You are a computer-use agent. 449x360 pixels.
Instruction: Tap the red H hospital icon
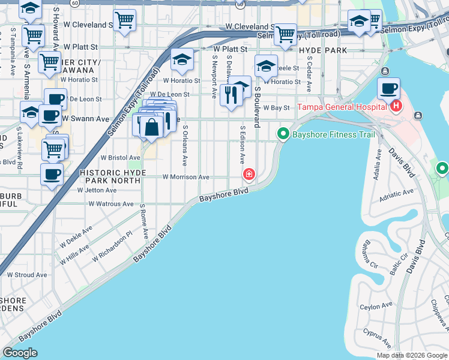pos(396,107)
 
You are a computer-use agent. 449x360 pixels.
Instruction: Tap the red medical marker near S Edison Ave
pos(248,175)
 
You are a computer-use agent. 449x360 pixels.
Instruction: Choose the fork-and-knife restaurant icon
pos(231,94)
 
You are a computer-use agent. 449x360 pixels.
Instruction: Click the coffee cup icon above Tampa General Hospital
pos(388,89)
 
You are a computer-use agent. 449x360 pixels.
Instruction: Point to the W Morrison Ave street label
pos(186,177)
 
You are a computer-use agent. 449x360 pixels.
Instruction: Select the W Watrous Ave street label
pos(111,204)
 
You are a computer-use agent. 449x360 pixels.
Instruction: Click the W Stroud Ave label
pos(26,275)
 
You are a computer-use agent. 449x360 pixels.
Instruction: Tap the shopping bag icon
pos(152,127)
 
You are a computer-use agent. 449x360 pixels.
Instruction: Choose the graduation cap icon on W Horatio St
pos(182,60)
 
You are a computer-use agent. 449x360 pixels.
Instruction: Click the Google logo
pos(20,353)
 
